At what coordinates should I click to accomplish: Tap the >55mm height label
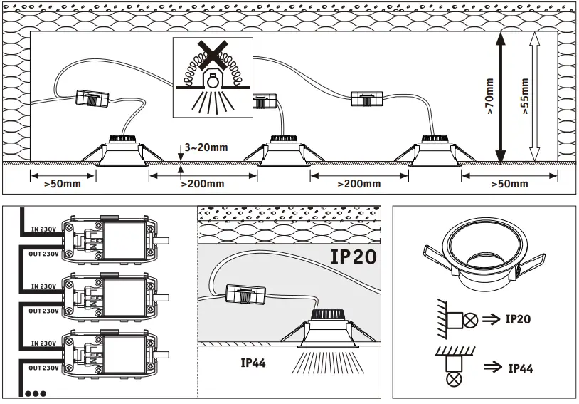coord(525,96)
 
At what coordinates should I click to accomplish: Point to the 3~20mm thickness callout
coord(206,147)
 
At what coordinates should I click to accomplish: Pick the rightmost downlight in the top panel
coord(435,149)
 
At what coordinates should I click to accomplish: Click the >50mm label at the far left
coord(62,184)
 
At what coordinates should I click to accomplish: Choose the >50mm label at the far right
coord(509,184)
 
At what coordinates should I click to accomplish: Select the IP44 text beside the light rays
coord(253,363)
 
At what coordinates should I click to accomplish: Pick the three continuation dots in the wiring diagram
coord(35,393)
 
